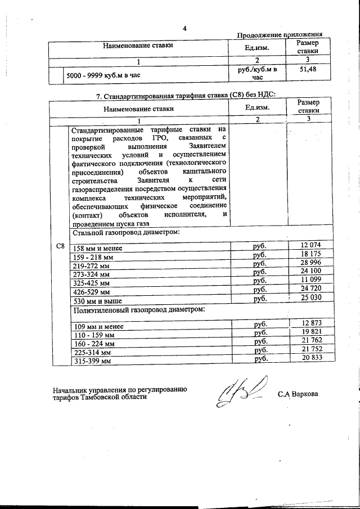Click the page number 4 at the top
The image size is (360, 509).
click(183, 29)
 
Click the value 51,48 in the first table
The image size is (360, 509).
click(307, 69)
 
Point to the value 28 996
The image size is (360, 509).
click(310, 263)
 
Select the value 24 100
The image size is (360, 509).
click(310, 272)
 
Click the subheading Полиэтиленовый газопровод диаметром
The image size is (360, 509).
click(138, 310)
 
